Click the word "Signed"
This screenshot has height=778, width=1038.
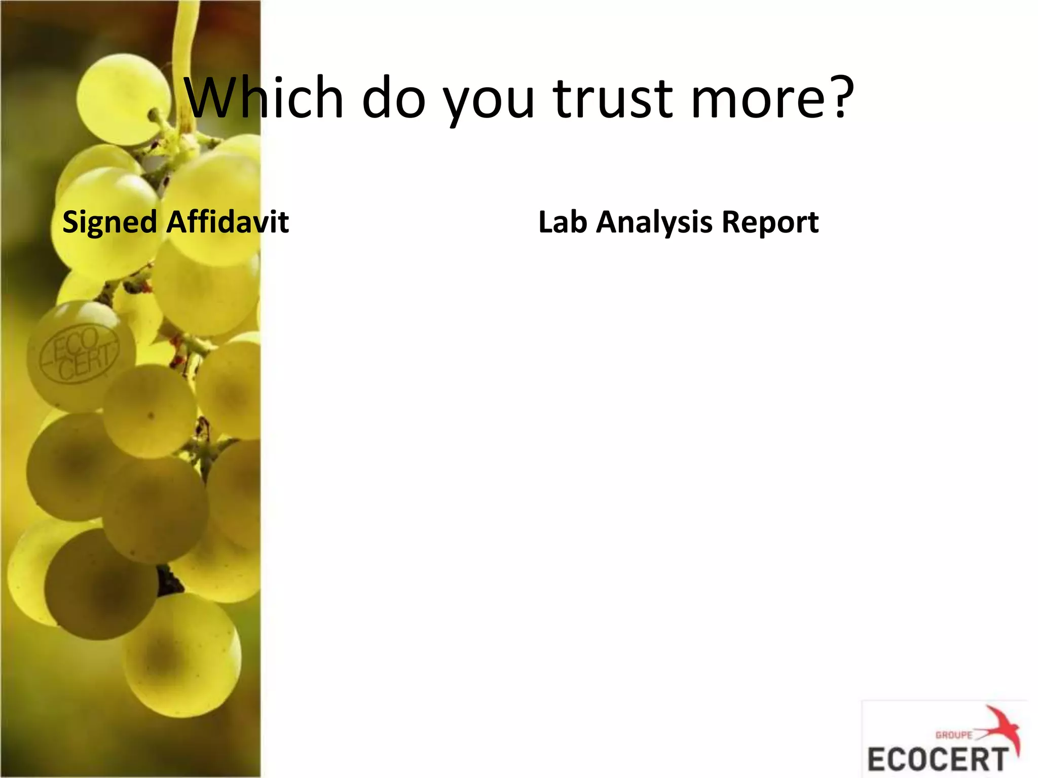pos(109,223)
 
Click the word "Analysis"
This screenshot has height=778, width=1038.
pos(654,223)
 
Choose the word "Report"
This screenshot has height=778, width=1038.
pos(770,223)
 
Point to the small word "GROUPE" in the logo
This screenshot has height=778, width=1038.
pos(954,735)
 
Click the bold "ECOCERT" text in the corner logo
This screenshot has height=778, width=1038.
pos(938,759)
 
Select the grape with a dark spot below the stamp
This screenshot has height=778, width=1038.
pos(150,411)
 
